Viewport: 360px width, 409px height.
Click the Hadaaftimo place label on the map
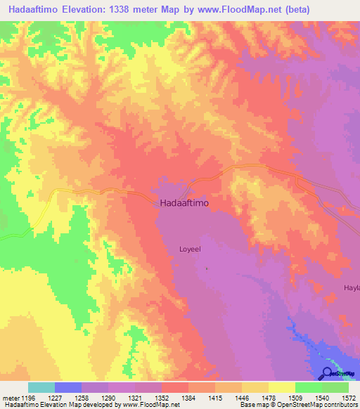pyautogui.click(x=184, y=204)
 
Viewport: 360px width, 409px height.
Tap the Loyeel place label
pyautogui.click(x=191, y=249)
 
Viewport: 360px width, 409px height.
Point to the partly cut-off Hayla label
pyautogui.click(x=351, y=288)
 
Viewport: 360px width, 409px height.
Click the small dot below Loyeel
pyautogui.click(x=207, y=268)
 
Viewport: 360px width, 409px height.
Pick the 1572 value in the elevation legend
pyautogui.click(x=349, y=398)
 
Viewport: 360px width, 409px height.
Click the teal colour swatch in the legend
pyautogui.click(x=41, y=387)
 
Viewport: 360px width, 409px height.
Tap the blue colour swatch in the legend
pyautogui.click(x=68, y=387)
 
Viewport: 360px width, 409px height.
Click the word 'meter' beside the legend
pyautogui.click(x=8, y=398)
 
